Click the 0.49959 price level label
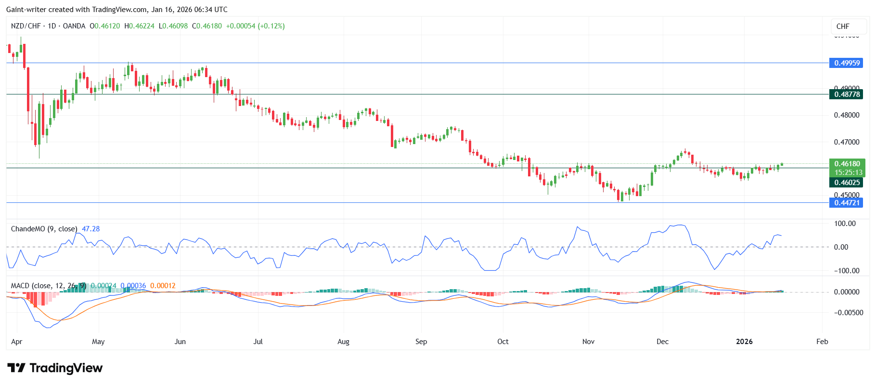846,63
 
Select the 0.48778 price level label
846,94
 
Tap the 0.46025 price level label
846,183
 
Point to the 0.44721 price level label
846,203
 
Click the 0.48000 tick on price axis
846,115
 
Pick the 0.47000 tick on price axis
846,142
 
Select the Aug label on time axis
343,342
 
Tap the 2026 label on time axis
744,342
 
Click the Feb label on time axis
822,342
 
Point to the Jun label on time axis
180,342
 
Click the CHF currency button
843,27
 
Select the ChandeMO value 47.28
90,229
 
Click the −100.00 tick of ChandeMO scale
846,271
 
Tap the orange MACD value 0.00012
163,286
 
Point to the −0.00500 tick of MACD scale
846,313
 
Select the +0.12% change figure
271,26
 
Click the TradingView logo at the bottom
55,368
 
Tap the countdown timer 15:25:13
848,173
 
